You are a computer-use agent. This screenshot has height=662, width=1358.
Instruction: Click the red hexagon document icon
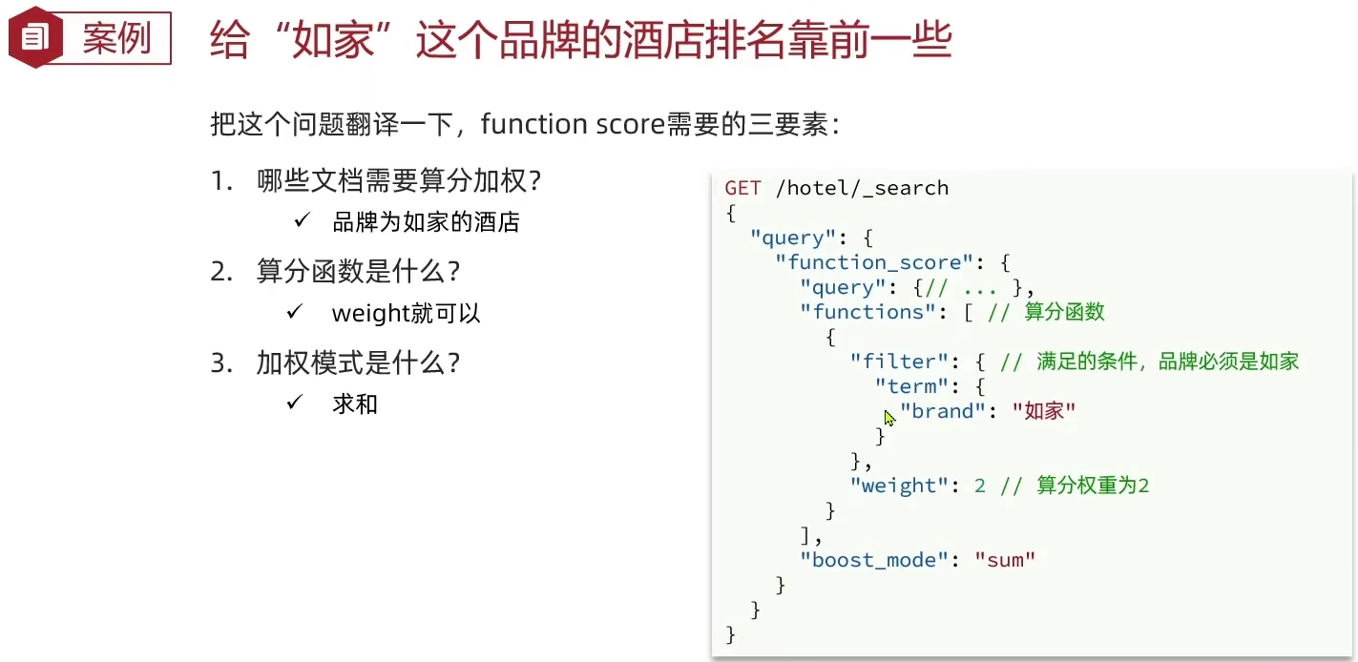35,38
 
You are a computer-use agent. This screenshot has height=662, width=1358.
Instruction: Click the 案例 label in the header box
116,39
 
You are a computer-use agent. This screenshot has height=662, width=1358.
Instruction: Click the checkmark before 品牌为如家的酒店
302,221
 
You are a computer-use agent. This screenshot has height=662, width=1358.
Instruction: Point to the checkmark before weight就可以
295,312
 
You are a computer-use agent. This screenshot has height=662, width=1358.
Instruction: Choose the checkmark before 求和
295,403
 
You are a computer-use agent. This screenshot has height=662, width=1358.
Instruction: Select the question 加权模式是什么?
358,363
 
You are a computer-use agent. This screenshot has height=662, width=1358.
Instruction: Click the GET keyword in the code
742,188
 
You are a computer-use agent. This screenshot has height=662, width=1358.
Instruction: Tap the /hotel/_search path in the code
862,188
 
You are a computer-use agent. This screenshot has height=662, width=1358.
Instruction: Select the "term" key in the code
911,386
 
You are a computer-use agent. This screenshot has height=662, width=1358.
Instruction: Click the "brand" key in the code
942,411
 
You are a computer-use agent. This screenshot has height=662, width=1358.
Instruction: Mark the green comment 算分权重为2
1093,486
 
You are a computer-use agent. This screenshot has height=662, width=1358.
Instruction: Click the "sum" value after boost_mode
1005,560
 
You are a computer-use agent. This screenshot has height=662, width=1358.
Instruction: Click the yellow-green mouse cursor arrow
889,418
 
